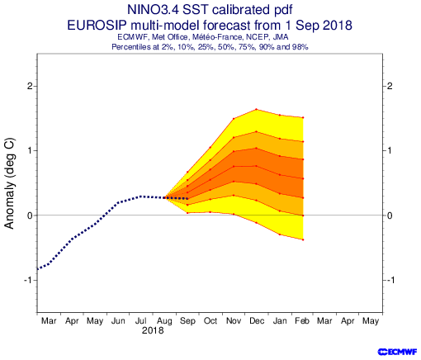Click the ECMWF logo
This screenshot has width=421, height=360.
397,352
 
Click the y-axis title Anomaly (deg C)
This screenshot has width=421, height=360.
10,183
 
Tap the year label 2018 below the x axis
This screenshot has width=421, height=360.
153,330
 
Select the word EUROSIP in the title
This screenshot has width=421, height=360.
97,26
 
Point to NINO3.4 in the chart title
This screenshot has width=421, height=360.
153,10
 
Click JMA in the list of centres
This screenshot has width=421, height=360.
280,37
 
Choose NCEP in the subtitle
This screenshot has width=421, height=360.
258,37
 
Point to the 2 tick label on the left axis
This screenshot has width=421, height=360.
30,86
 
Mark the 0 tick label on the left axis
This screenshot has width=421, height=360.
30,216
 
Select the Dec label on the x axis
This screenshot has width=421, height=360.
257,321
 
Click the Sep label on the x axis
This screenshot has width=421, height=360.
187,321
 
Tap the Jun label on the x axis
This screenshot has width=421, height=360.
118,321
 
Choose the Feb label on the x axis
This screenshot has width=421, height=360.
302,321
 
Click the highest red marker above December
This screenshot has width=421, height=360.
257,109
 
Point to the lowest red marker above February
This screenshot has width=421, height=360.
303,239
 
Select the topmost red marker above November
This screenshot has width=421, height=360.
234,119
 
